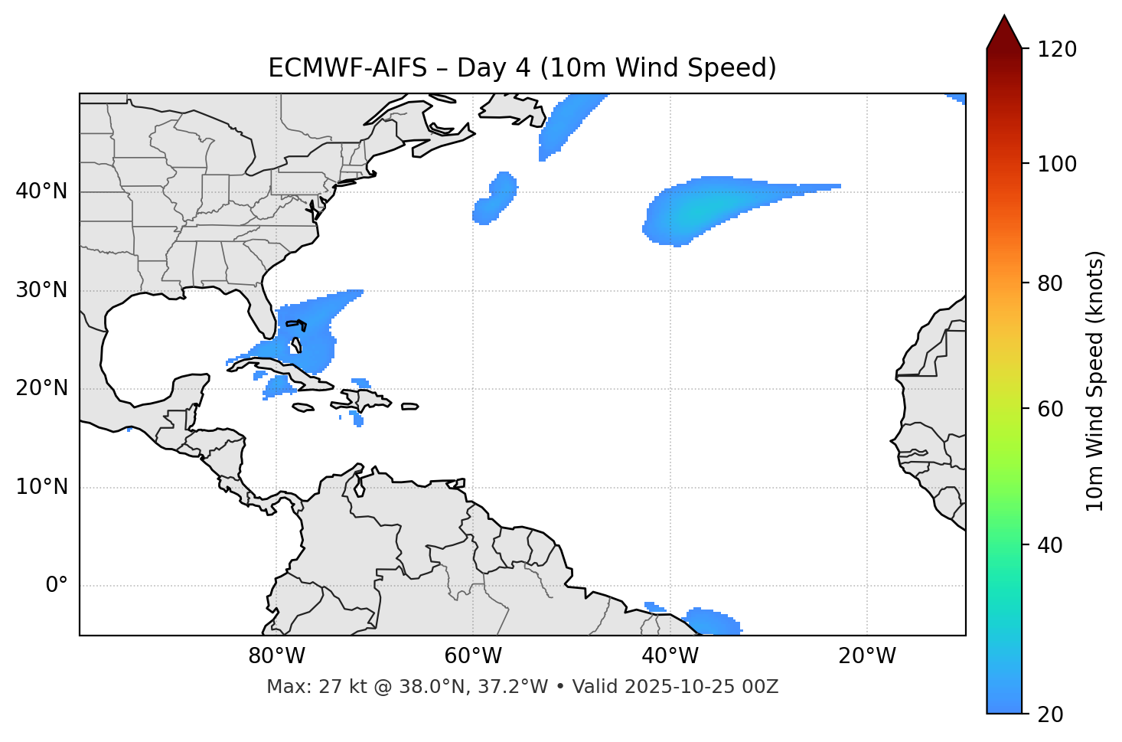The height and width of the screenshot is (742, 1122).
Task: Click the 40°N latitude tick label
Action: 41,191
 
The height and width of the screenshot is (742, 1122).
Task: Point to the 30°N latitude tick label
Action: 41,290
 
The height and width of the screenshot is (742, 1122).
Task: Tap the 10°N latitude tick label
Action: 41,487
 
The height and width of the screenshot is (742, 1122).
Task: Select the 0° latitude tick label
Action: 57,586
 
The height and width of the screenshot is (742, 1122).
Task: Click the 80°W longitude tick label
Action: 276,656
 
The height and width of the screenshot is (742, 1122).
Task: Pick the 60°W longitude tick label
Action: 473,656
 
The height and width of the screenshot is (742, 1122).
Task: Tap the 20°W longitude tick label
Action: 867,656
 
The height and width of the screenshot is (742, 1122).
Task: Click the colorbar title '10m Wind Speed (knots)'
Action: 1095,381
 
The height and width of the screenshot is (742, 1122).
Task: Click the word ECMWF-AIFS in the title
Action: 347,68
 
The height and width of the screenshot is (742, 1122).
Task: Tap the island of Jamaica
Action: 303,407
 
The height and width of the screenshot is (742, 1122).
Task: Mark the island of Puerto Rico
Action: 409,406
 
